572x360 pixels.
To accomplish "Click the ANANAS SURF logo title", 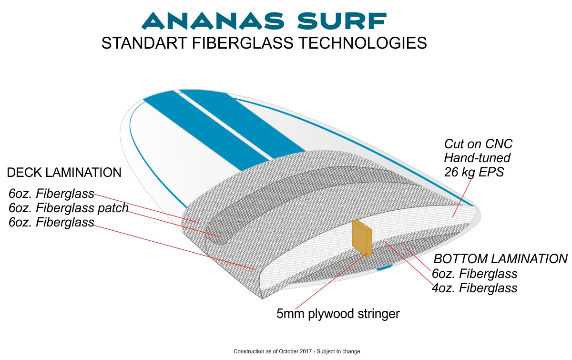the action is (x=264, y=21).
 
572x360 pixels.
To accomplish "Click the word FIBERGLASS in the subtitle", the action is (x=242, y=42).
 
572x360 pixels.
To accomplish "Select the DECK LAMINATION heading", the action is (x=64, y=173).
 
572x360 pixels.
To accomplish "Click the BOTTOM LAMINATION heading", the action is (x=500, y=258).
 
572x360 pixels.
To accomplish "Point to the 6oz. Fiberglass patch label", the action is (x=69, y=208).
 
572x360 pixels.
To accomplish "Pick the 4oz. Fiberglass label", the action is (x=474, y=288).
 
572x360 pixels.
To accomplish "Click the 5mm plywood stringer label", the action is (x=338, y=314).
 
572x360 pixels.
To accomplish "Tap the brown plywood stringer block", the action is (x=362, y=238).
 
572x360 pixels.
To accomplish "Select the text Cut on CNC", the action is (x=478, y=144).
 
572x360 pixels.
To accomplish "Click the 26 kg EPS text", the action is (x=474, y=172).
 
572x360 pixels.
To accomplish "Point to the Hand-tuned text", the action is (x=477, y=158).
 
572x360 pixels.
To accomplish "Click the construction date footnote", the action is (x=297, y=351).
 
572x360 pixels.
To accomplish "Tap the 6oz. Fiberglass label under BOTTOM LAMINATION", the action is (x=474, y=274).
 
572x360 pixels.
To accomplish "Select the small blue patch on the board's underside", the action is (x=384, y=267).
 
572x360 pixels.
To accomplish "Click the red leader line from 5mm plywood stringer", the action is (x=331, y=281).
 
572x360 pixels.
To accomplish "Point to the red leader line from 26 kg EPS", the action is (x=462, y=197).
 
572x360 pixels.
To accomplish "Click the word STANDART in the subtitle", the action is (x=144, y=42).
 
